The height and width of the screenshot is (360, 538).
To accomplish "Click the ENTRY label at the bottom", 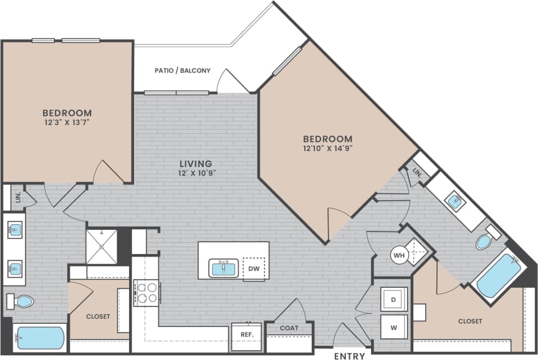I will (x=349, y=356).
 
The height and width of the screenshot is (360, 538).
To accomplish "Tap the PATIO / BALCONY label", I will (x=183, y=70).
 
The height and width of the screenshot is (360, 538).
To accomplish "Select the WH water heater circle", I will (x=399, y=254).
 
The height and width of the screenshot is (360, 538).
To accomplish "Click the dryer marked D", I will (x=393, y=299).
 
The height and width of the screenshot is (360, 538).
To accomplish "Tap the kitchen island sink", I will (x=223, y=268).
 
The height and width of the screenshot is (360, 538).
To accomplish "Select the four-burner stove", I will (x=148, y=292).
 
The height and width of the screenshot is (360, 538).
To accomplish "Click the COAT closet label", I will (x=289, y=328).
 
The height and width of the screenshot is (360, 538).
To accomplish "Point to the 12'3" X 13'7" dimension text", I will (x=67, y=123).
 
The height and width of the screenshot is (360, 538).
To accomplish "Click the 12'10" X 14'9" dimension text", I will (x=328, y=149).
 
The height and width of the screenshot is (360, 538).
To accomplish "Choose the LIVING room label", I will (x=196, y=164).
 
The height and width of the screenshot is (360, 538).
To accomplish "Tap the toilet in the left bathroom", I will (x=21, y=301).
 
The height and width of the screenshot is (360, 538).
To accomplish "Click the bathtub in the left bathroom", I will (x=39, y=338).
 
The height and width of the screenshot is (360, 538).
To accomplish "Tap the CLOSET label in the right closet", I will (x=469, y=321).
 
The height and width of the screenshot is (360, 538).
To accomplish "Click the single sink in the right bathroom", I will (x=454, y=201).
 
